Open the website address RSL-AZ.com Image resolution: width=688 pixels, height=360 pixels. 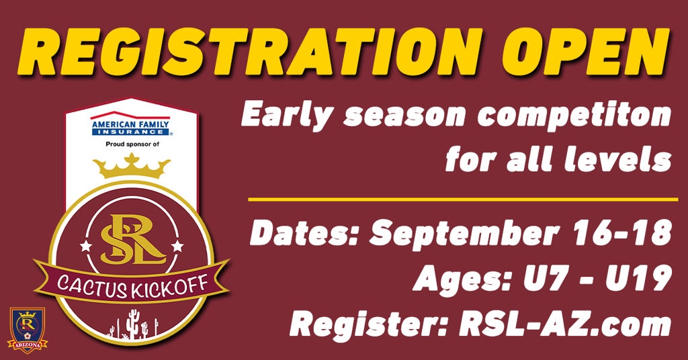565,324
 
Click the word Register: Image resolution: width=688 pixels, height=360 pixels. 369,325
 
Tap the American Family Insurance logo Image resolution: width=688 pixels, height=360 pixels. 130,124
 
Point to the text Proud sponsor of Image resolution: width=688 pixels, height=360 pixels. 132,144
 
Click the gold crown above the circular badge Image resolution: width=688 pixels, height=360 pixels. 132,165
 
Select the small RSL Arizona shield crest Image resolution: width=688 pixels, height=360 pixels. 27,330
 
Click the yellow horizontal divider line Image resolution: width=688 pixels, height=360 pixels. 463,199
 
